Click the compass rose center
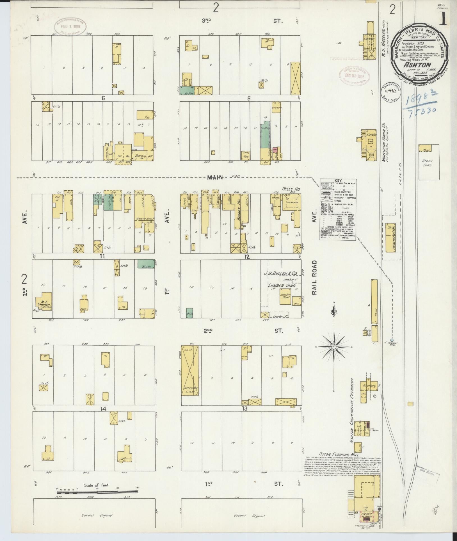coord(334,347)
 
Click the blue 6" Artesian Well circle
coord(392,340)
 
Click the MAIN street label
coord(215,177)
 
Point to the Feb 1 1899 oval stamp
coord(69,28)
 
